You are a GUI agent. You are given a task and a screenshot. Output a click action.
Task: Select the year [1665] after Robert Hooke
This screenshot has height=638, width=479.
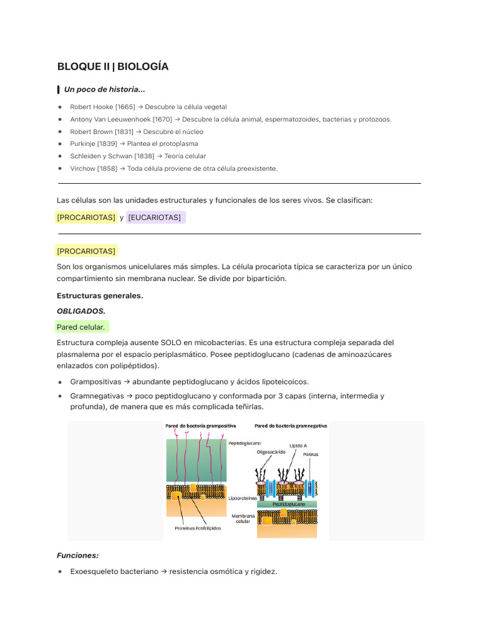125,107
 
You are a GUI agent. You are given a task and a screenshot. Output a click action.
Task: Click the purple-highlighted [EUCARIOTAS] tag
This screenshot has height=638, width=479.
155,217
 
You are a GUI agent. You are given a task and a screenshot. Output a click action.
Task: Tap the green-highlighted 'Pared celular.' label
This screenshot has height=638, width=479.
81,327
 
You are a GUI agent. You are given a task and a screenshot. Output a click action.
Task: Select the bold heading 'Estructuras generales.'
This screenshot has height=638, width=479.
100,296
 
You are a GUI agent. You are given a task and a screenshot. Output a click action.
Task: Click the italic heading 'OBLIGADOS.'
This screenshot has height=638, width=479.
81,311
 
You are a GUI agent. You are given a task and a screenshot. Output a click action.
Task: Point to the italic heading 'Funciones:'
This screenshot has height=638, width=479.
77,555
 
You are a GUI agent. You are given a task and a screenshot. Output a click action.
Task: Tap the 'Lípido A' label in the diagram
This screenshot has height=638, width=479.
298,446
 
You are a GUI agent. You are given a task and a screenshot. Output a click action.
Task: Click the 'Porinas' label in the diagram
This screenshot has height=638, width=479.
311,454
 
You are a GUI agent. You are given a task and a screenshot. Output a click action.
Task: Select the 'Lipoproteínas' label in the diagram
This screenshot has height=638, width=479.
243,498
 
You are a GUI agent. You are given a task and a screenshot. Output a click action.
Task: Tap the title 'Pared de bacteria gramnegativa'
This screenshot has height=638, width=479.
291,426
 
